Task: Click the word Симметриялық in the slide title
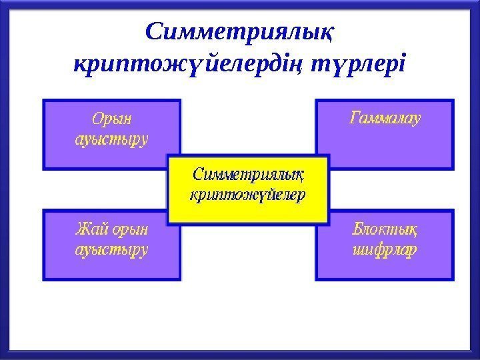(x=241, y=32)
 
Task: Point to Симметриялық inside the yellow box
(x=248, y=176)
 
